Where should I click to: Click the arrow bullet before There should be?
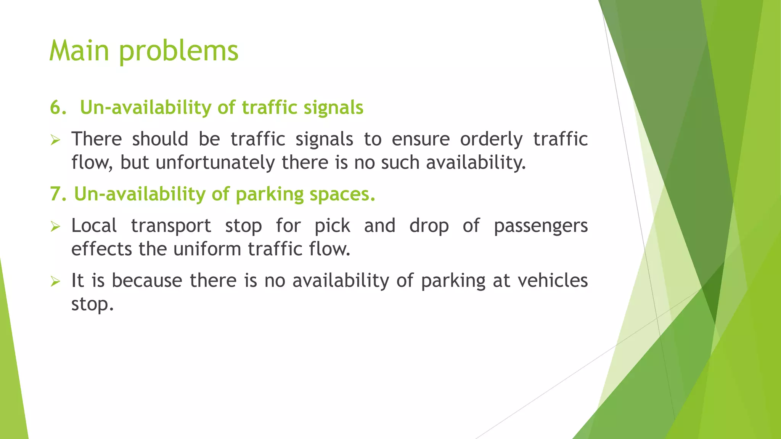[55, 140]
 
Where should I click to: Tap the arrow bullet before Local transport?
[55, 227]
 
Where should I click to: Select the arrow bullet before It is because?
[55, 282]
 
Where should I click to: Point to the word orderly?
[491, 139]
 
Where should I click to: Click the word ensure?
[421, 139]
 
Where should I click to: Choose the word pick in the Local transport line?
[332, 226]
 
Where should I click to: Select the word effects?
[101, 249]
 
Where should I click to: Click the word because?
[147, 280]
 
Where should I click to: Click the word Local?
[94, 226]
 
